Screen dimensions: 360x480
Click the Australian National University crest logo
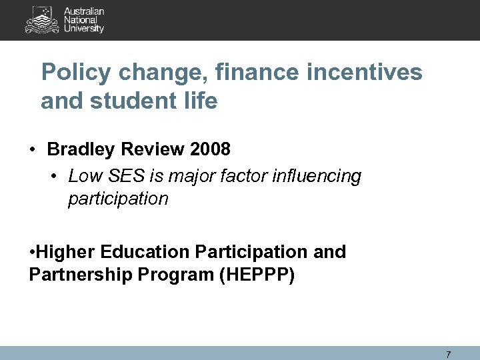click(41, 20)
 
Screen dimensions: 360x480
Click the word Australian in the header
click(84, 12)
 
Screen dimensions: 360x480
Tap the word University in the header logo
click(84, 29)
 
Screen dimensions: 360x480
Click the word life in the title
click(202, 101)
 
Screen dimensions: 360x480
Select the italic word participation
click(118, 199)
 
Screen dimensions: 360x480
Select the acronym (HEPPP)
click(256, 274)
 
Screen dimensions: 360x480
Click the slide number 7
click(448, 354)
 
